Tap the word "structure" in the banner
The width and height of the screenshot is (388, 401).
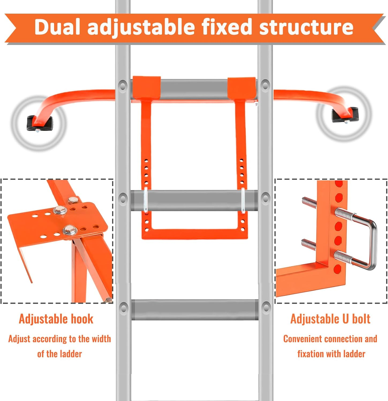tap(306, 27)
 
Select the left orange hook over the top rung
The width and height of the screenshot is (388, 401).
tap(146, 87)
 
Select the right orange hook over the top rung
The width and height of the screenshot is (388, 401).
tap(242, 88)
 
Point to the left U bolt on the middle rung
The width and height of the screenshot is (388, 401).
tap(145, 200)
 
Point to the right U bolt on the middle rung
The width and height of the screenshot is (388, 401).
tap(243, 200)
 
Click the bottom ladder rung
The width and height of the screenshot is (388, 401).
tap(195, 310)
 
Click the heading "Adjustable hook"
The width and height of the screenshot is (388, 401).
tap(56, 319)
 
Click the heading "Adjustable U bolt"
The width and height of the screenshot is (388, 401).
tap(330, 319)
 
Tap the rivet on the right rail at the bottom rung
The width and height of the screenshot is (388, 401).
tap(266, 307)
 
